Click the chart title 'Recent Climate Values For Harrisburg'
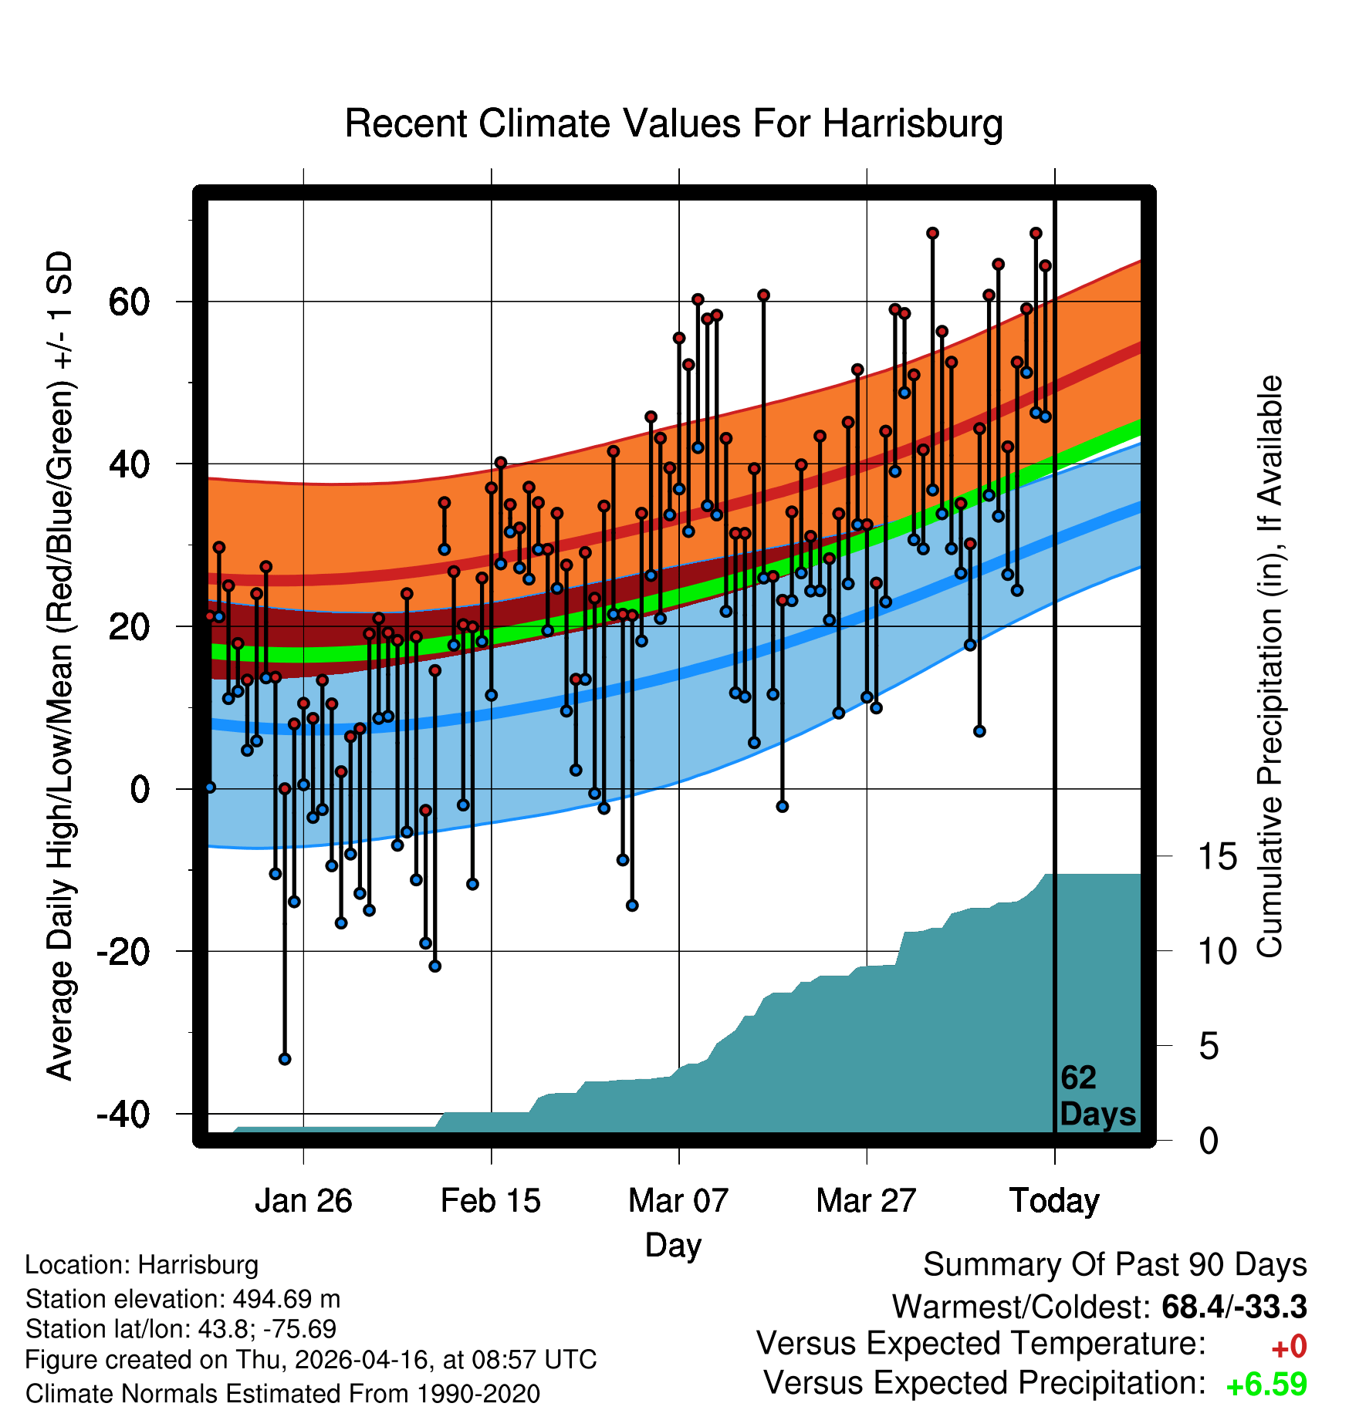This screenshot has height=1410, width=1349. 674,123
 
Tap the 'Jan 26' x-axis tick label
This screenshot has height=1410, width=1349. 303,1201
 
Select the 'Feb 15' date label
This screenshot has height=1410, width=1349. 491,1201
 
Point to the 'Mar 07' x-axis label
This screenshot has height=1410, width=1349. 678,1201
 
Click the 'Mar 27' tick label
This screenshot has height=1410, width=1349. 866,1201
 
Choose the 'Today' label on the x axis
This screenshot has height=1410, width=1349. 1054,1201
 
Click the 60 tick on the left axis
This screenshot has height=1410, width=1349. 129,302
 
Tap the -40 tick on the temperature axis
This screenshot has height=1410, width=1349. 123,1114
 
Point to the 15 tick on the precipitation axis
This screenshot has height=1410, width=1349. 1217,857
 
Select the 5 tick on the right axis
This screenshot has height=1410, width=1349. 1209,1047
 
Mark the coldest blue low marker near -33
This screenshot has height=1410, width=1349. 285,1059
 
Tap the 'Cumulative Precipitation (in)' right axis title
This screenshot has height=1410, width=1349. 1270,666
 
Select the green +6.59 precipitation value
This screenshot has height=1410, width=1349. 1266,1385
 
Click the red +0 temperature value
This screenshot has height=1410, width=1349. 1289,1347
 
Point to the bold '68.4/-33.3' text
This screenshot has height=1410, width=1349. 1234,1307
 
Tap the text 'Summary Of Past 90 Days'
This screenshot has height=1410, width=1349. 1115,1265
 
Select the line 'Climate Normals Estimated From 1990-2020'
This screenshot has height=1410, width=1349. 282,1394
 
